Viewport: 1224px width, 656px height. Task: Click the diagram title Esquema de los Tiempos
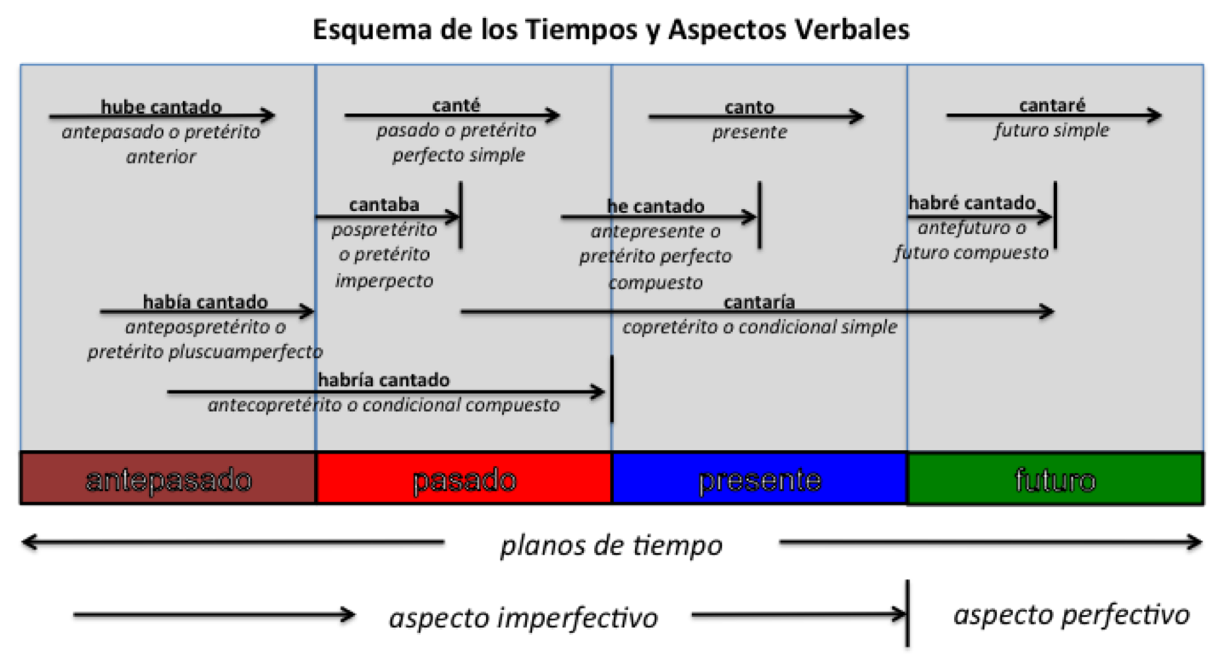(611, 30)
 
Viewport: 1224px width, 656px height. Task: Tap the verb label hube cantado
(161, 107)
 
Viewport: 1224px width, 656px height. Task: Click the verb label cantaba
(384, 205)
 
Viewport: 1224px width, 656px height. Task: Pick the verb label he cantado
(655, 206)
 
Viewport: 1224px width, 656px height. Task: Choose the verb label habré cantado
(972, 203)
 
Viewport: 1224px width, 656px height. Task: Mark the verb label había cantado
(205, 302)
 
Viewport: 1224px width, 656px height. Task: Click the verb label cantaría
(759, 303)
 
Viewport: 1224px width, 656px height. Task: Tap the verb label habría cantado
(383, 380)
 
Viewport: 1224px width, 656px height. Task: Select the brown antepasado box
(168, 478)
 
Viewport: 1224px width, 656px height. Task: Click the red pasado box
(464, 478)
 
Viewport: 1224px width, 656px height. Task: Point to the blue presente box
(759, 478)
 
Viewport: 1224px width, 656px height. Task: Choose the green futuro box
(1055, 478)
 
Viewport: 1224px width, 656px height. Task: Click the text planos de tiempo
(610, 545)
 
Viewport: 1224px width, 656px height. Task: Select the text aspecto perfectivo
(1071, 614)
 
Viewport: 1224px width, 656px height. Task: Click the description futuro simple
(1052, 131)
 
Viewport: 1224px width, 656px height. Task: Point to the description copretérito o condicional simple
(759, 327)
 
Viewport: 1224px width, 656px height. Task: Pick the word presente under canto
(749, 132)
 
